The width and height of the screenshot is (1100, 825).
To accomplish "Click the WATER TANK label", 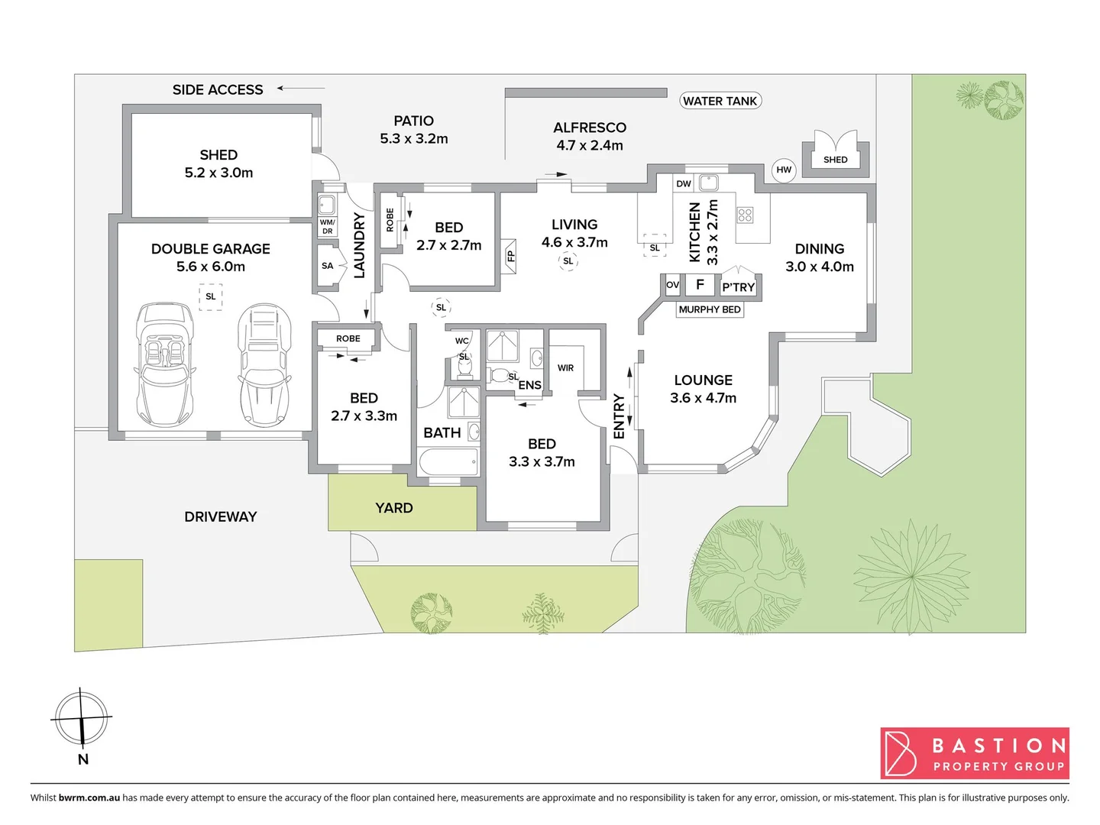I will [x=720, y=101].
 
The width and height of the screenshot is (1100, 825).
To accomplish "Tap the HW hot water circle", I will [x=784, y=170].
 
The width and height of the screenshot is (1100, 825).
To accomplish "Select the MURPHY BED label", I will [x=710, y=309].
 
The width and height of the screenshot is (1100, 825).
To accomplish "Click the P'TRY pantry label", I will [x=738, y=287].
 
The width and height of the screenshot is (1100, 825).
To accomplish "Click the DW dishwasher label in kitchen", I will [x=683, y=183].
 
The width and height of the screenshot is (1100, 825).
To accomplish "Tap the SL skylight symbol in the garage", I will [x=211, y=296].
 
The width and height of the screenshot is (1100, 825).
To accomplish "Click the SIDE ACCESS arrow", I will [x=300, y=89].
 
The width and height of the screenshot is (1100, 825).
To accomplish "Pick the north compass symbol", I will [x=82, y=719].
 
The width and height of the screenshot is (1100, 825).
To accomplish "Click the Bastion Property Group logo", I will [x=975, y=753].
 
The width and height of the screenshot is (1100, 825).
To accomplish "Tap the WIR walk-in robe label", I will [x=565, y=368].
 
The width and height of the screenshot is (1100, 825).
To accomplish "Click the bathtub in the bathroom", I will [x=448, y=462].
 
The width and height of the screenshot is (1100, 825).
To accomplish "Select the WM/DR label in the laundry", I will [x=327, y=227].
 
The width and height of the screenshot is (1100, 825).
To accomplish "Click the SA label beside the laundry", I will [x=327, y=266].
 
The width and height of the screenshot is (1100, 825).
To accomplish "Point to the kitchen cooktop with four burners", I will [x=745, y=215].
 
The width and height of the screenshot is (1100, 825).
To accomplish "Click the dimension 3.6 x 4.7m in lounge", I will [x=703, y=398].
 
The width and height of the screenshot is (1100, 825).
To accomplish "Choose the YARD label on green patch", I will [x=394, y=508].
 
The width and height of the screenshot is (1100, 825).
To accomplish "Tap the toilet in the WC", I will [x=464, y=369].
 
